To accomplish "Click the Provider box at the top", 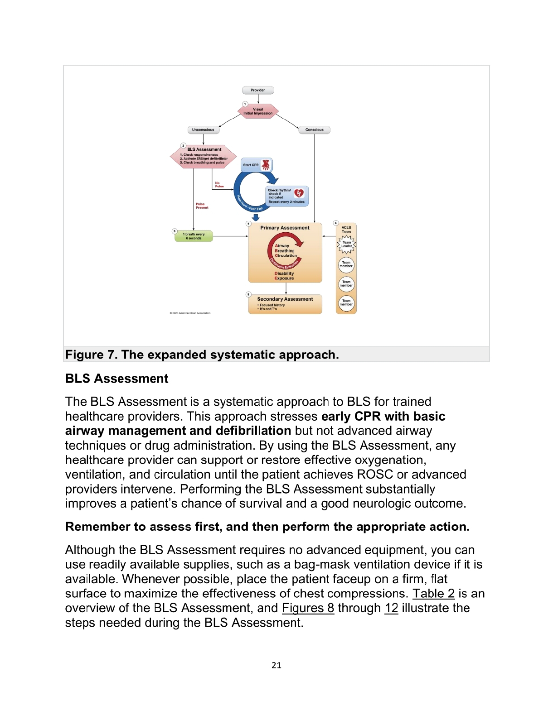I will point(258,90).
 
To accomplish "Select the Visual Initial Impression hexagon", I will point(258,111).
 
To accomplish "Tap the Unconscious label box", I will point(203,130).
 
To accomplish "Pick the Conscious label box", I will point(314,130).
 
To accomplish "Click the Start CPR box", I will point(251,165).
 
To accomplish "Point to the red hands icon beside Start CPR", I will point(266,165).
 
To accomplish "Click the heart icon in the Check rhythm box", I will point(299,193).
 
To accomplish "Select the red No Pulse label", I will point(219,185).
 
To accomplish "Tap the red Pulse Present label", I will point(202,206).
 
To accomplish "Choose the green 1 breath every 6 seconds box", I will point(194,236).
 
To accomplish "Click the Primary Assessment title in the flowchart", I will point(285,228).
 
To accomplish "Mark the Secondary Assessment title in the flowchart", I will point(285,299).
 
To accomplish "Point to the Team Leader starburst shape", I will point(346,245).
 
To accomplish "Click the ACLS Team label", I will point(346,230).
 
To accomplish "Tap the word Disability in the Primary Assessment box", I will point(284,274).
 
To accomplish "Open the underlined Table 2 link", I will point(433,594).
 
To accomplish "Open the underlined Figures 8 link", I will point(308,608).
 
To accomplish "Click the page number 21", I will point(276,665).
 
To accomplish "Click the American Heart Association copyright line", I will point(190,313).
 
